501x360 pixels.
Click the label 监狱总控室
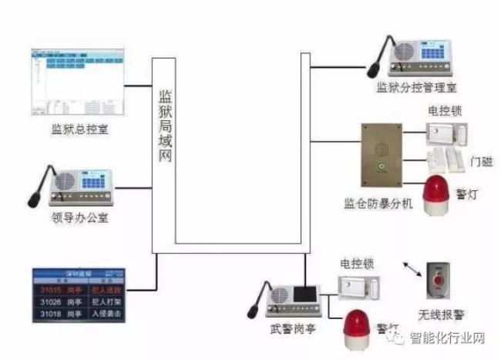(x=80, y=129)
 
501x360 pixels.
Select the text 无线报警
(x=437, y=314)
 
